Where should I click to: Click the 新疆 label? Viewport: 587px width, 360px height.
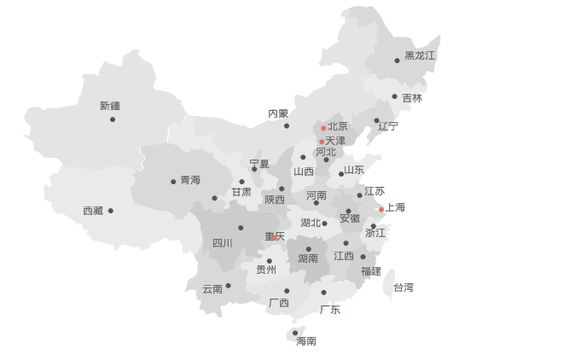click(x=110, y=106)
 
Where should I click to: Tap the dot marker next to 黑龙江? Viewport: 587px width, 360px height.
click(x=397, y=61)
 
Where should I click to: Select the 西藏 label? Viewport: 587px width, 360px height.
click(x=93, y=211)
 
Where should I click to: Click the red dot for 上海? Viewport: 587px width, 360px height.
click(x=381, y=210)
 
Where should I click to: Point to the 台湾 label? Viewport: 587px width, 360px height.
click(x=403, y=288)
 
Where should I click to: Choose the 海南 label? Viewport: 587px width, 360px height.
click(x=306, y=341)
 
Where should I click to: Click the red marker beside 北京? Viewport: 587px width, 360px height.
click(x=323, y=129)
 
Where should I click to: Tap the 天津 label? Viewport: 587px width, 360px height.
click(x=335, y=141)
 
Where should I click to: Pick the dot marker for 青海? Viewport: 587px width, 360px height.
click(x=173, y=181)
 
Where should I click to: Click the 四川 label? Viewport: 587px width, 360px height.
click(x=223, y=243)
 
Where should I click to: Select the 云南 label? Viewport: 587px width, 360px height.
click(x=212, y=289)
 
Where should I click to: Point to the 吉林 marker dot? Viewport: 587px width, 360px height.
click(x=394, y=96)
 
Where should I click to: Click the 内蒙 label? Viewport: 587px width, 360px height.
click(x=278, y=113)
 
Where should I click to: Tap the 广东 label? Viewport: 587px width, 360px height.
click(x=330, y=310)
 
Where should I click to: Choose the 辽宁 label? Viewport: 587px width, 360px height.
click(x=388, y=126)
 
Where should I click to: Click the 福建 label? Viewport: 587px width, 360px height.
click(x=371, y=271)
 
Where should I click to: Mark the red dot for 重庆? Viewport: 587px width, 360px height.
click(x=274, y=237)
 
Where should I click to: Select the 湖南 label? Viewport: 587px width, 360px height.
click(x=308, y=258)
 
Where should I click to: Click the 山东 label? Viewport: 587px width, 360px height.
click(x=354, y=170)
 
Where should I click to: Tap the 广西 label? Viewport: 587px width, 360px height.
click(x=279, y=303)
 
